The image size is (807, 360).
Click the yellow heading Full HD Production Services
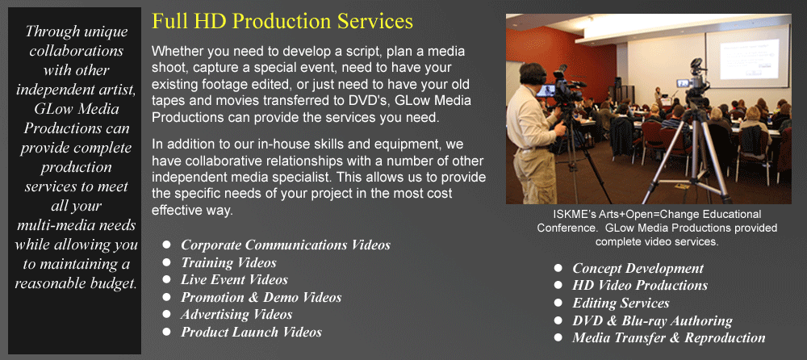[x=282, y=22]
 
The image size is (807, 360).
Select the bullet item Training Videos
[x=228, y=262]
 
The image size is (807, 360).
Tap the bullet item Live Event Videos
[x=234, y=279]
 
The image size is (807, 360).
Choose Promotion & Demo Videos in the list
[x=261, y=297]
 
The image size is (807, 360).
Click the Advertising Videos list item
[x=236, y=314]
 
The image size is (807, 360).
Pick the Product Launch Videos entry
[x=251, y=332]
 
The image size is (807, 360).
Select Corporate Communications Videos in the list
[x=286, y=245]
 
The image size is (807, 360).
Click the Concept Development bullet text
[x=638, y=268]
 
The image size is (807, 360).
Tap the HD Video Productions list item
[x=640, y=285]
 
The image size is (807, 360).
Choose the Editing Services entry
[x=621, y=303]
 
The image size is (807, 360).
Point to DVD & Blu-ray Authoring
[x=652, y=320]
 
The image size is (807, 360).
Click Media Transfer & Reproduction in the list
[x=668, y=338]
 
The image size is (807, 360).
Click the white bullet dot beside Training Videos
[x=166, y=262]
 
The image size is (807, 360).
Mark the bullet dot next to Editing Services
[x=558, y=303]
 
